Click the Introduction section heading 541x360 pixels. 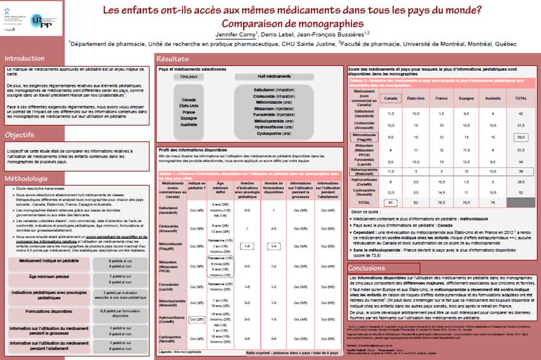point(25,58)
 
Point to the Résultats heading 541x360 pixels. point(172,59)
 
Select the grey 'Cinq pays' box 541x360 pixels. point(188,77)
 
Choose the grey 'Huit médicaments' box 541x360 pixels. point(269,77)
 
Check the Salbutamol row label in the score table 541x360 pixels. point(364,113)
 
